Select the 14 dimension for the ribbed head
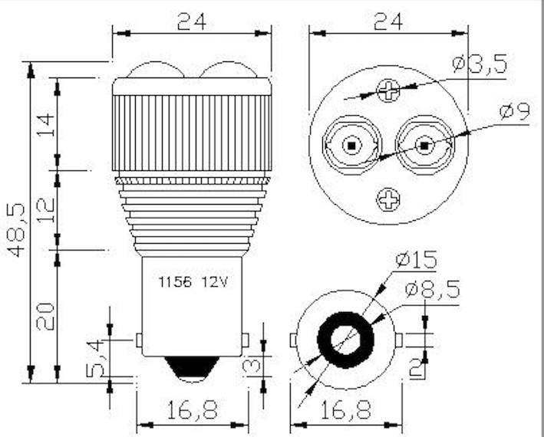(45, 124)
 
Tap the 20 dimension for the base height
(45, 315)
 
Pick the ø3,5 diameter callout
(480, 65)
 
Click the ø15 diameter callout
(417, 261)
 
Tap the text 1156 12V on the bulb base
(193, 281)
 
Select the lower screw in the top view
(388, 201)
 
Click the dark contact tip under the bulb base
(192, 369)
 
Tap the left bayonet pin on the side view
(138, 339)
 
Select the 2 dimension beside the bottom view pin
(417, 368)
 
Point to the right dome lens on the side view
(228, 71)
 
